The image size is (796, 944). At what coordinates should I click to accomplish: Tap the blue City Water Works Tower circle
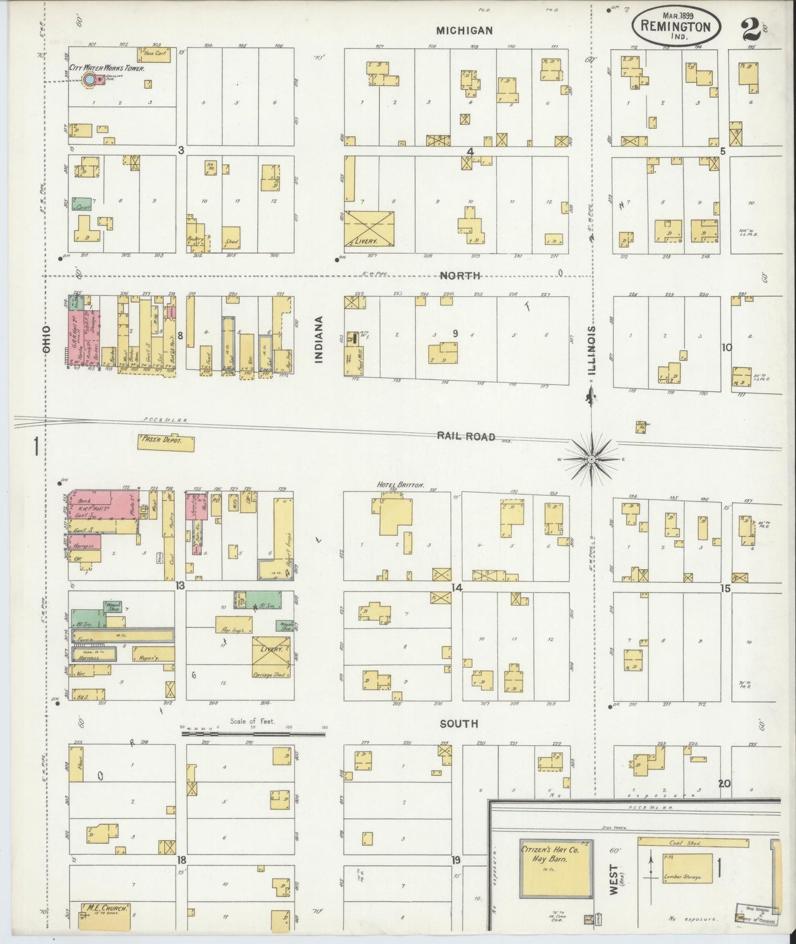(89, 80)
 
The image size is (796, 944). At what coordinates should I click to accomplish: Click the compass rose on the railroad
(591, 458)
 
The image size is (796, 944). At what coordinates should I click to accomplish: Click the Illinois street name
(591, 341)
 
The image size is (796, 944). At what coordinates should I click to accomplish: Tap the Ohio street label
(47, 339)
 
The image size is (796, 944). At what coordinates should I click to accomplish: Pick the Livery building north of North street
(370, 228)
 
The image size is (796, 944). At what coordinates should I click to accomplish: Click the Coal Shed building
(693, 843)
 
